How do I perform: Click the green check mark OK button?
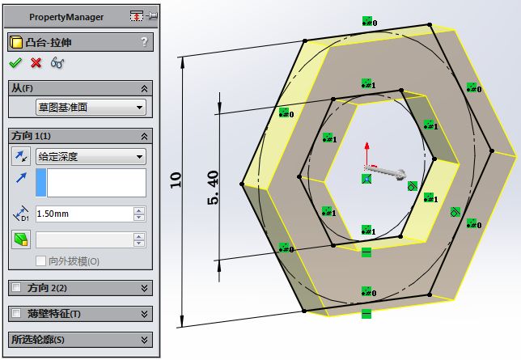(x=15, y=63)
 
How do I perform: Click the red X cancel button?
(x=36, y=63)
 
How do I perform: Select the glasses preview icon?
(x=57, y=63)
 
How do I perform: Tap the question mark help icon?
(x=144, y=42)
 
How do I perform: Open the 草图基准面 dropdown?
(x=90, y=107)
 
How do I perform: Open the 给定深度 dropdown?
(x=90, y=157)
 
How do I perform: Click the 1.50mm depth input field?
(x=83, y=214)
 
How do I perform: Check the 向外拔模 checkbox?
(x=41, y=261)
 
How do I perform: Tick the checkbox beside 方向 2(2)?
(x=16, y=288)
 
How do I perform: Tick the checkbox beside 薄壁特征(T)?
(x=16, y=314)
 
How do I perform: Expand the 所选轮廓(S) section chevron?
(x=144, y=340)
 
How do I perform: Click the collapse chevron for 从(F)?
(x=144, y=87)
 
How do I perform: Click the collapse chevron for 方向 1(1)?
(x=144, y=136)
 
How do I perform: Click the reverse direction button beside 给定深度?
(x=21, y=157)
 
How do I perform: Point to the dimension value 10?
(x=176, y=179)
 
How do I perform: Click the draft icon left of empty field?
(x=21, y=239)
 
